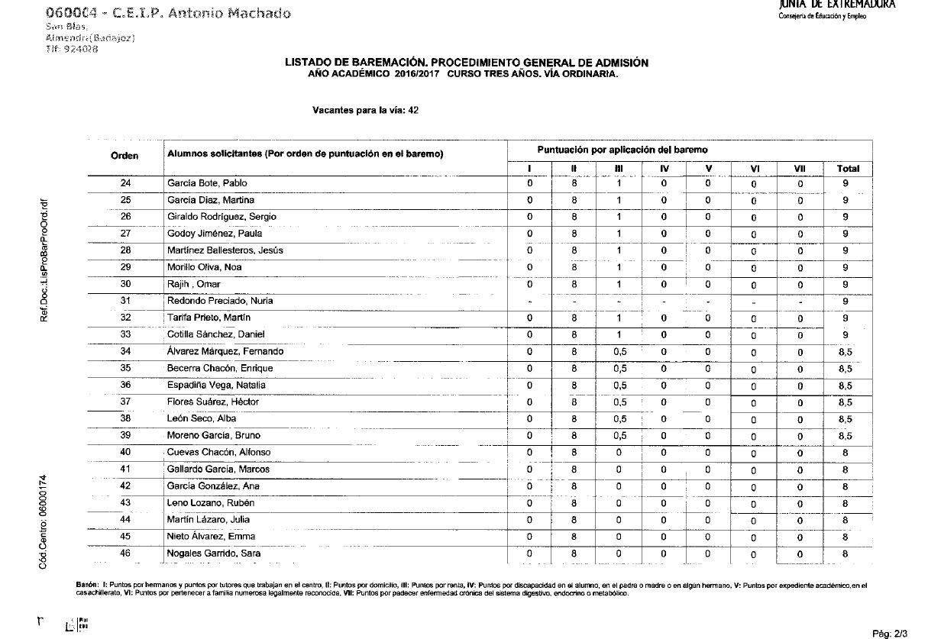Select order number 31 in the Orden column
(x=126, y=301)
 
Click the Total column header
(x=848, y=169)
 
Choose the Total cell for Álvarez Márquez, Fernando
(x=845, y=351)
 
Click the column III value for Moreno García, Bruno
(x=619, y=435)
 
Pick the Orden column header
(x=124, y=156)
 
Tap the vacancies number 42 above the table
(x=413, y=110)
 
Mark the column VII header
(x=800, y=169)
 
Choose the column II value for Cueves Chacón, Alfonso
(x=574, y=452)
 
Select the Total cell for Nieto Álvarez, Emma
(x=845, y=536)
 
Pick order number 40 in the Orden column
(x=126, y=452)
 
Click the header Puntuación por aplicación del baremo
(x=622, y=150)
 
